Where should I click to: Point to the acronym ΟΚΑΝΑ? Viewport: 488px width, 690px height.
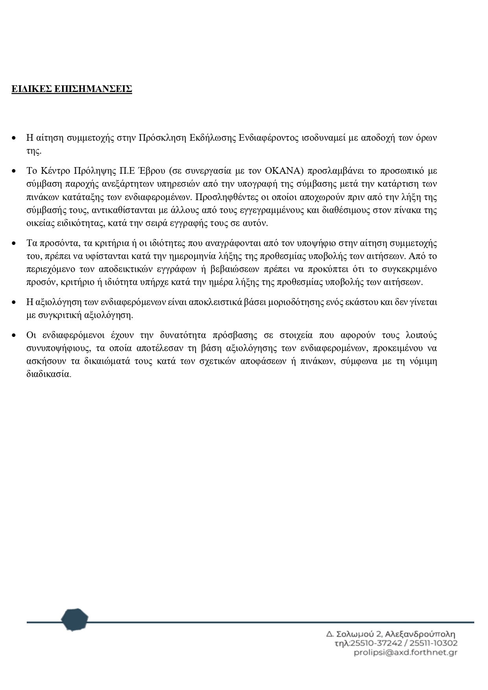[x=283, y=171]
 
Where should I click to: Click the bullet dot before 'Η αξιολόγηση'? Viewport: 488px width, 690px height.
[x=14, y=302]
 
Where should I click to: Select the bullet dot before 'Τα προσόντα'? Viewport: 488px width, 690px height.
[x=14, y=243]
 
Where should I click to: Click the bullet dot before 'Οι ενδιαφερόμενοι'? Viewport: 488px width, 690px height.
[x=14, y=335]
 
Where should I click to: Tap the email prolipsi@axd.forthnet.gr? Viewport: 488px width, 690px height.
[x=405, y=653]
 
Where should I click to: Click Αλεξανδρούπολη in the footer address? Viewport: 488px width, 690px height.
[x=420, y=634]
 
